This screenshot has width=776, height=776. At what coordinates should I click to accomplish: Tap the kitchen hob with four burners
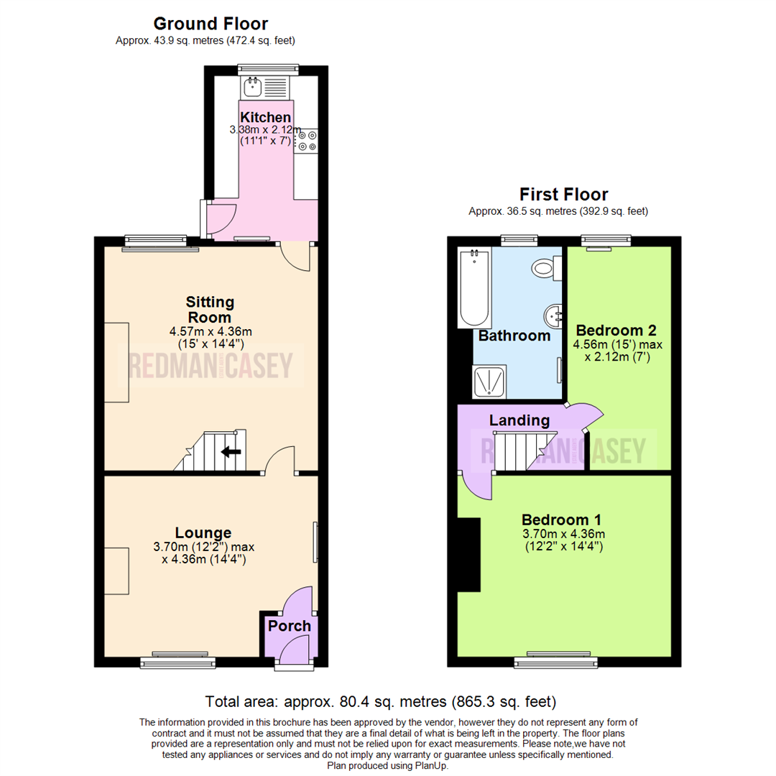(x=307, y=140)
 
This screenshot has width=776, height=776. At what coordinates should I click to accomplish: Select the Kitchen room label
(x=266, y=117)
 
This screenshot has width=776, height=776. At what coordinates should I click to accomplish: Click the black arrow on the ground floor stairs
(x=231, y=452)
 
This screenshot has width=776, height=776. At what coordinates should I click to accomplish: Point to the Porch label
(x=290, y=626)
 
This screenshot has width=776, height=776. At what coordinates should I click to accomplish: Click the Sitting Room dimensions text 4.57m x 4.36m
(x=211, y=331)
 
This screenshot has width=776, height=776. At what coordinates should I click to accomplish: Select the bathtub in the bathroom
(x=474, y=287)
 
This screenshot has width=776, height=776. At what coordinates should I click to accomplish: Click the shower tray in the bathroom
(x=489, y=382)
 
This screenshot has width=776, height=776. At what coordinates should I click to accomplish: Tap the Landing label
(x=519, y=420)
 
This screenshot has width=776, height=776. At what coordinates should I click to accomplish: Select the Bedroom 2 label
(x=616, y=331)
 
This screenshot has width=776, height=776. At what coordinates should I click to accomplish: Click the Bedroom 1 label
(x=562, y=519)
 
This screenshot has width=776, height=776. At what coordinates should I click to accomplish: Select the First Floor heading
(x=563, y=194)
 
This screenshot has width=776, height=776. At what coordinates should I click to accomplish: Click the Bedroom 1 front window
(x=556, y=658)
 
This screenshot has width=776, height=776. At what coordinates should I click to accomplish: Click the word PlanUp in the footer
(x=430, y=766)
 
